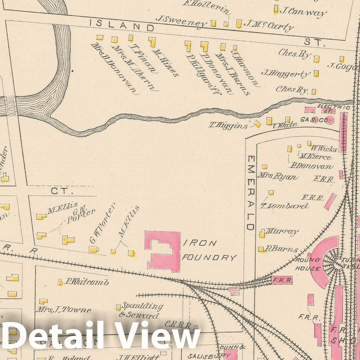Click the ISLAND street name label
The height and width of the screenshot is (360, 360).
pos(122,26)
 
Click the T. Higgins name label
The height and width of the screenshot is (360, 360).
pos(228,125)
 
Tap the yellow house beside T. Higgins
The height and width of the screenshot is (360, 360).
pos(257,124)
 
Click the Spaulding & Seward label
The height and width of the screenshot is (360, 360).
pos(141,311)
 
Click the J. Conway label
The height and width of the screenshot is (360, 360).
pos(303,12)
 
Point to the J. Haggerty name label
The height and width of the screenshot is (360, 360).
pos(286,74)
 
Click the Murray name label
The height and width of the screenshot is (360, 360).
pos(282,232)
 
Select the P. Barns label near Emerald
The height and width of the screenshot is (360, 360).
pos(281,250)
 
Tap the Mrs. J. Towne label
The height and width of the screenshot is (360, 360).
pos(64,310)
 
